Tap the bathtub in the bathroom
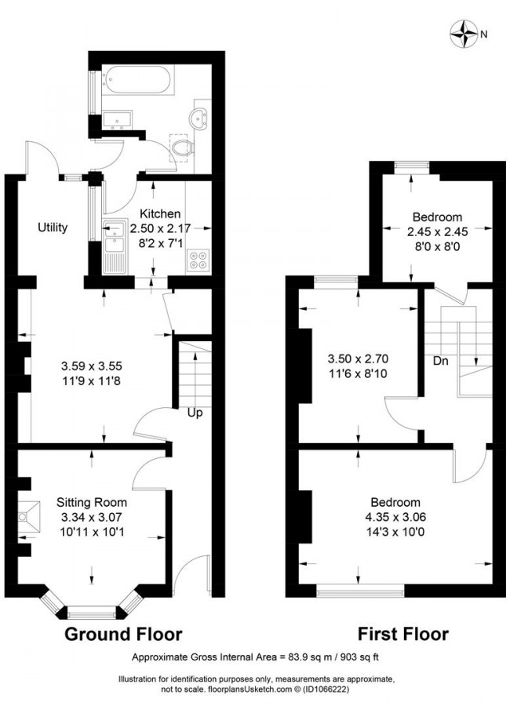(x=137, y=80)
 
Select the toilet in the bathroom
(x=183, y=147)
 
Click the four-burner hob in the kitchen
(x=199, y=260)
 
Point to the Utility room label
(x=53, y=227)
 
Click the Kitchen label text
(x=160, y=213)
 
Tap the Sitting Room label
(x=92, y=502)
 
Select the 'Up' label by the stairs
(x=195, y=413)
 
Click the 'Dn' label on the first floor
(x=441, y=361)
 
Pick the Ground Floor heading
(x=123, y=634)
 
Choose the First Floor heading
(x=403, y=634)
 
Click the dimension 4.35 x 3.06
(x=395, y=517)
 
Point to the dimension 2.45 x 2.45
(x=438, y=231)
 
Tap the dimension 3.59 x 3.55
(x=92, y=366)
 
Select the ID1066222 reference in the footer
(x=326, y=690)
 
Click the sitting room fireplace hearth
(x=29, y=518)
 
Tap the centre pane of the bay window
(x=92, y=613)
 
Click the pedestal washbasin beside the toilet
(x=199, y=117)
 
